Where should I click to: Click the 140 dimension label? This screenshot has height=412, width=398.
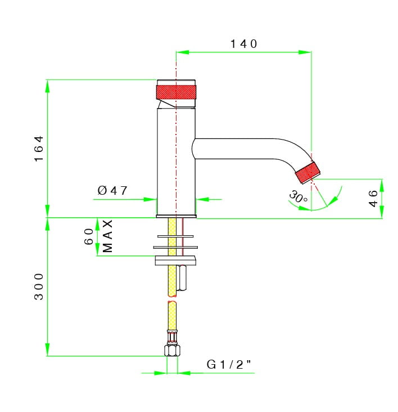point(244,44)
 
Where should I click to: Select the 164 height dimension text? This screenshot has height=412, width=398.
point(39,149)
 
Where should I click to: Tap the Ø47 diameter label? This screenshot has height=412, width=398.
point(112,190)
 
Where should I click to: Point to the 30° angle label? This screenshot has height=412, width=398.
point(298,197)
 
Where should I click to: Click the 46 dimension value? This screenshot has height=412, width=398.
point(373,199)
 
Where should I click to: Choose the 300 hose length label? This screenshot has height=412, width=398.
point(39,286)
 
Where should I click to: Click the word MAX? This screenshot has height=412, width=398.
point(107,236)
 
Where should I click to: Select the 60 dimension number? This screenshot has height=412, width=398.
point(89,236)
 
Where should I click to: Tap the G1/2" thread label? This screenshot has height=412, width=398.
point(229,365)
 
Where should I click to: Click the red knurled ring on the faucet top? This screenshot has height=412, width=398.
point(176,92)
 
